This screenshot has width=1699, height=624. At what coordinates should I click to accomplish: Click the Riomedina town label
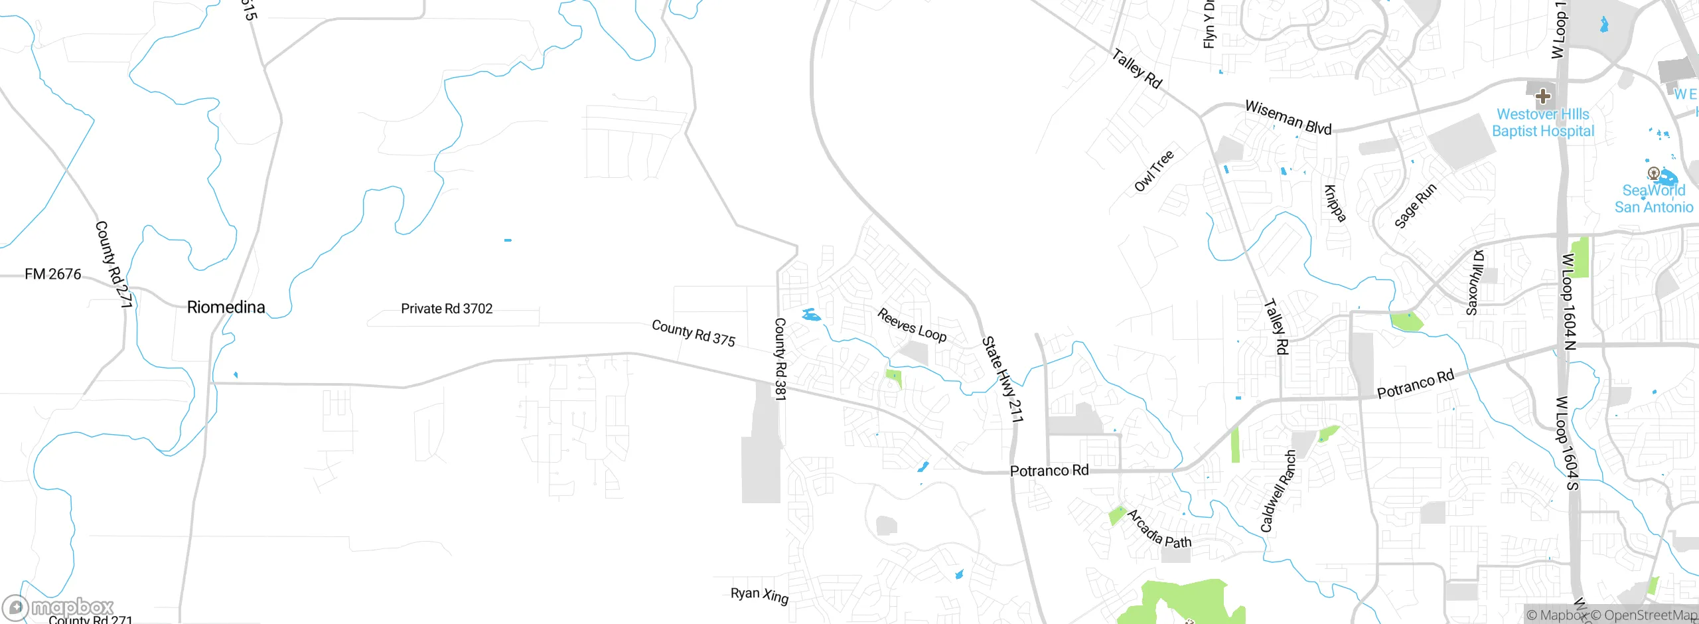point(226,307)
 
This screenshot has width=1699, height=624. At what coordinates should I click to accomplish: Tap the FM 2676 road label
point(53,274)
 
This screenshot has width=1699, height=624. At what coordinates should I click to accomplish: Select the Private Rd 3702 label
point(447,309)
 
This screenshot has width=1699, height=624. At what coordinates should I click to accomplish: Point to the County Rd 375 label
point(694,333)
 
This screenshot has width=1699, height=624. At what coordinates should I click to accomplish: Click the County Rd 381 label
point(780,358)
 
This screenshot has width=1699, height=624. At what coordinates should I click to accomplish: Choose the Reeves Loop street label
point(912,325)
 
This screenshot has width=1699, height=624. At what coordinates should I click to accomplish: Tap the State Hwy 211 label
point(1002,379)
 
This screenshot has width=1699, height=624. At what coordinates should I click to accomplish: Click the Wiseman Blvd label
point(1288,117)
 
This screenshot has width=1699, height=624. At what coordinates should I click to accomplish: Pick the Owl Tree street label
point(1154,171)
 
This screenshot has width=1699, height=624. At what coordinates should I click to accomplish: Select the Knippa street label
point(1335,203)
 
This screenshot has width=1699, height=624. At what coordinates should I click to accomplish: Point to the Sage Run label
point(1415,206)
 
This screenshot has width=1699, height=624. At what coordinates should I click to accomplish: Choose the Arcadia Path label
point(1159,529)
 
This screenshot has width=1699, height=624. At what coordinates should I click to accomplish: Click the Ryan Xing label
point(759,595)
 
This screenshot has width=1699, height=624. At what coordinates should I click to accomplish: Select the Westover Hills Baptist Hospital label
point(1543,123)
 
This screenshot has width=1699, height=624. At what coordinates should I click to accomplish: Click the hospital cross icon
point(1543,96)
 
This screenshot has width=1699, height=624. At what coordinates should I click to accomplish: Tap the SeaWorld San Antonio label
point(1654,198)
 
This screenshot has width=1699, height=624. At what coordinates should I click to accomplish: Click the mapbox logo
point(58,607)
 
